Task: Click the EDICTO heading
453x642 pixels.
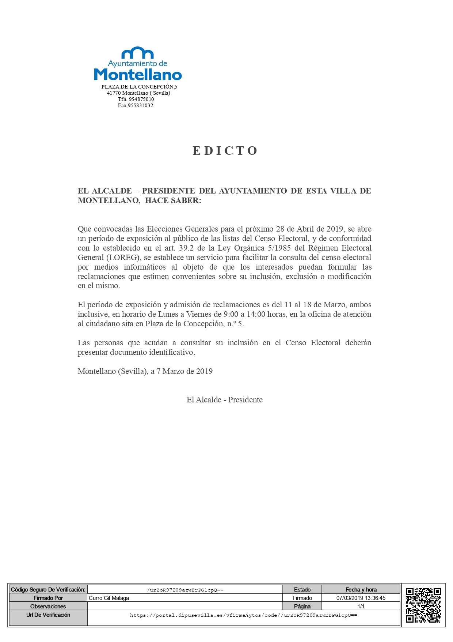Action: [x=225, y=151]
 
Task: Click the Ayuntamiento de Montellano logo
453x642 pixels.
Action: [x=138, y=64]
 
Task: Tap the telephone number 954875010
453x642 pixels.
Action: [x=141, y=99]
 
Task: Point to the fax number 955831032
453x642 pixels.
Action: [x=140, y=105]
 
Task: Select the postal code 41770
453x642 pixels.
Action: [x=114, y=93]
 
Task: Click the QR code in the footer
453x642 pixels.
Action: [x=423, y=605]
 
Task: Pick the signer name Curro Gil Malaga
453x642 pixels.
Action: [x=109, y=598]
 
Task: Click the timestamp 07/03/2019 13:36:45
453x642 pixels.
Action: [x=361, y=598]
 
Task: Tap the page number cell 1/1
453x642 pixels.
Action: [x=361, y=606]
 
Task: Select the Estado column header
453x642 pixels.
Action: [x=302, y=590]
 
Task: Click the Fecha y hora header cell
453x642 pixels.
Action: [x=361, y=590]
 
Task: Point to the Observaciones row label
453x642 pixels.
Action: [x=48, y=606]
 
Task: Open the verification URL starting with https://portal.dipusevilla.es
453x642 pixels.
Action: [x=243, y=615]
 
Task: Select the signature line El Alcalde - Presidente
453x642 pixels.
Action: [x=224, y=400]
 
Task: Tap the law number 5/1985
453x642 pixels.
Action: [x=279, y=248]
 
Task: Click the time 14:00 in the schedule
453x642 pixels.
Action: [x=256, y=314]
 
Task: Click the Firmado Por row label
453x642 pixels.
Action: [x=48, y=598]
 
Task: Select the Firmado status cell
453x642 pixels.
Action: [x=302, y=598]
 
